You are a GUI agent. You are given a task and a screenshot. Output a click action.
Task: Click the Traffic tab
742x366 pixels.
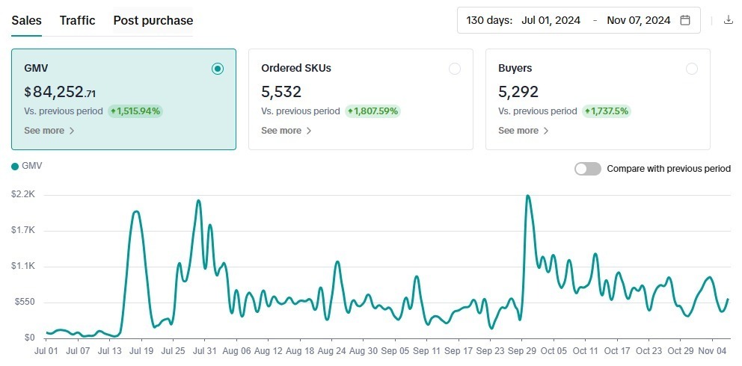pyautogui.click(x=77, y=20)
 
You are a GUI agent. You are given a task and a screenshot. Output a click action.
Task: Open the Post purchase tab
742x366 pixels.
pyautogui.click(x=153, y=20)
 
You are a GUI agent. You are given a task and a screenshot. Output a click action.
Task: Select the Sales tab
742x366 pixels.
pyautogui.click(x=26, y=20)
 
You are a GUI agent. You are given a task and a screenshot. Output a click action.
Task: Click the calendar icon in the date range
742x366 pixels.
pyautogui.click(x=685, y=20)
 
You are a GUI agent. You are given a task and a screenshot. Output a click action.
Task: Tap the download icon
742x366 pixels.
pyautogui.click(x=729, y=20)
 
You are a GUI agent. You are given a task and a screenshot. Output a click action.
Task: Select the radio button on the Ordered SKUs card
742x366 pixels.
pyautogui.click(x=455, y=69)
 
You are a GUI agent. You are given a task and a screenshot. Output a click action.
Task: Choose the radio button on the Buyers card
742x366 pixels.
pyautogui.click(x=692, y=69)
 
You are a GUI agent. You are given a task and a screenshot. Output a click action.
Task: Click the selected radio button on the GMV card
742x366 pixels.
pyautogui.click(x=218, y=69)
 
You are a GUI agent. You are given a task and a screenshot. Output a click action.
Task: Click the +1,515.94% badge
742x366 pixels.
pyautogui.click(x=135, y=111)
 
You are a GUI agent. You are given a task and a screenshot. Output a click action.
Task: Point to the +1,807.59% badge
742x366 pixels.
pyautogui.click(x=372, y=111)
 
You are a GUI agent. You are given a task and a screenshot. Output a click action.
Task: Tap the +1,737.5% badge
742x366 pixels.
pyautogui.click(x=607, y=111)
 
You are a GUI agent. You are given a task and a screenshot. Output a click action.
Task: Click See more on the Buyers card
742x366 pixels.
pyautogui.click(x=523, y=131)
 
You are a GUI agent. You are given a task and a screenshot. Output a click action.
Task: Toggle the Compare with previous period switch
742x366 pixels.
pyautogui.click(x=587, y=169)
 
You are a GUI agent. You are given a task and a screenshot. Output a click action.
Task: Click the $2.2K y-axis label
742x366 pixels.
pyautogui.click(x=23, y=195)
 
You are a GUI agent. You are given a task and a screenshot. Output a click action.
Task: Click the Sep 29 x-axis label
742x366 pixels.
pyautogui.click(x=522, y=350)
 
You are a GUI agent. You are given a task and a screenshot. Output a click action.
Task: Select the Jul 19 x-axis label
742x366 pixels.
pyautogui.click(x=141, y=350)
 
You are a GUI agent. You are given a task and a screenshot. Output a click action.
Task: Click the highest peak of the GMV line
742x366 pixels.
pyautogui.click(x=527, y=196)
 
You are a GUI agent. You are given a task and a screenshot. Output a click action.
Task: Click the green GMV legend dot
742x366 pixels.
pyautogui.click(x=15, y=167)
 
